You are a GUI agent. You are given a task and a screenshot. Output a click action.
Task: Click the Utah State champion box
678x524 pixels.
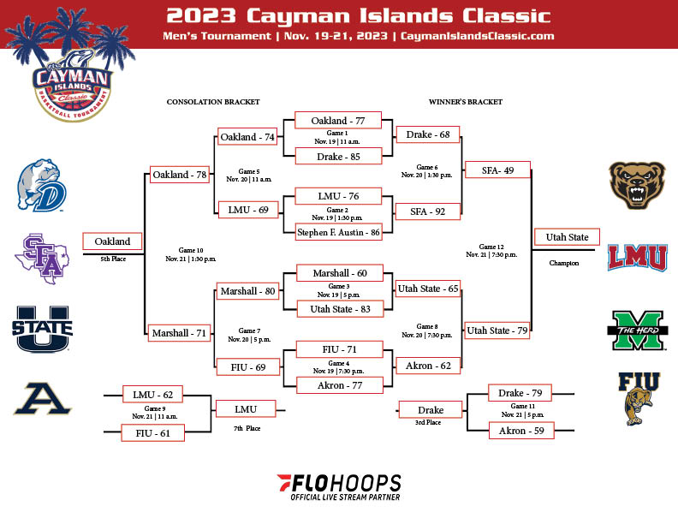(567, 237)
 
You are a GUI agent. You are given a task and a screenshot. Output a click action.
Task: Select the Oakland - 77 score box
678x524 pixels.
(337, 120)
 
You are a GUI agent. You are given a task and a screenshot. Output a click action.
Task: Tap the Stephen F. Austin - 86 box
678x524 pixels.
(338, 232)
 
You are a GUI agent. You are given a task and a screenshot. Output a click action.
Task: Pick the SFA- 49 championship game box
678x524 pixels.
(497, 170)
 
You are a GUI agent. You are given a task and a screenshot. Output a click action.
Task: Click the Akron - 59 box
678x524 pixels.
(521, 431)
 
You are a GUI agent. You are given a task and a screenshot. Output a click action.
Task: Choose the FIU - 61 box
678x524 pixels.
(152, 432)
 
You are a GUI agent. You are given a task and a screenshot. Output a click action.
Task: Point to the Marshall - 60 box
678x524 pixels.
(340, 273)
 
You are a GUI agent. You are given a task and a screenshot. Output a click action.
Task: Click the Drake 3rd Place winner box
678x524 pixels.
(431, 410)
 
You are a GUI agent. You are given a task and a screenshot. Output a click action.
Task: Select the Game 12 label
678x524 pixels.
(491, 247)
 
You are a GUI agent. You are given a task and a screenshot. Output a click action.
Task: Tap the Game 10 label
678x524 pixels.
(191, 250)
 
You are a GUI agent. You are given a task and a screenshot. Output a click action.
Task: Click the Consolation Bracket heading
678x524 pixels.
(213, 102)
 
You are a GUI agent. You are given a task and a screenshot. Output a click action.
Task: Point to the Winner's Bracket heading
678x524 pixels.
(465, 102)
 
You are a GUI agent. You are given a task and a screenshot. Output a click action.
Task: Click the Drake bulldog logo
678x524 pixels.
(41, 186)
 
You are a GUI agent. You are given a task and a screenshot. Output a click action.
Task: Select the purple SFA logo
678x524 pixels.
(41, 259)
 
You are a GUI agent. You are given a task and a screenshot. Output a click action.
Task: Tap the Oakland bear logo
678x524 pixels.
(637, 186)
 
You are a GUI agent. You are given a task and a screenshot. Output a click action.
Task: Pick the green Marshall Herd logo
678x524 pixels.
(638, 330)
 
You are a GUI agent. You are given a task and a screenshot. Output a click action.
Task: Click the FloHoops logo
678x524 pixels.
(339, 487)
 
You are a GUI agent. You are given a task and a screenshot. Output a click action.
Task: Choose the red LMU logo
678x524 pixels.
(638, 257)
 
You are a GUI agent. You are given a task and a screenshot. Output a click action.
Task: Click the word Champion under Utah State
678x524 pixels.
(564, 263)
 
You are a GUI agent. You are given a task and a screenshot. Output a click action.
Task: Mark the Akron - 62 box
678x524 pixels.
(428, 366)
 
